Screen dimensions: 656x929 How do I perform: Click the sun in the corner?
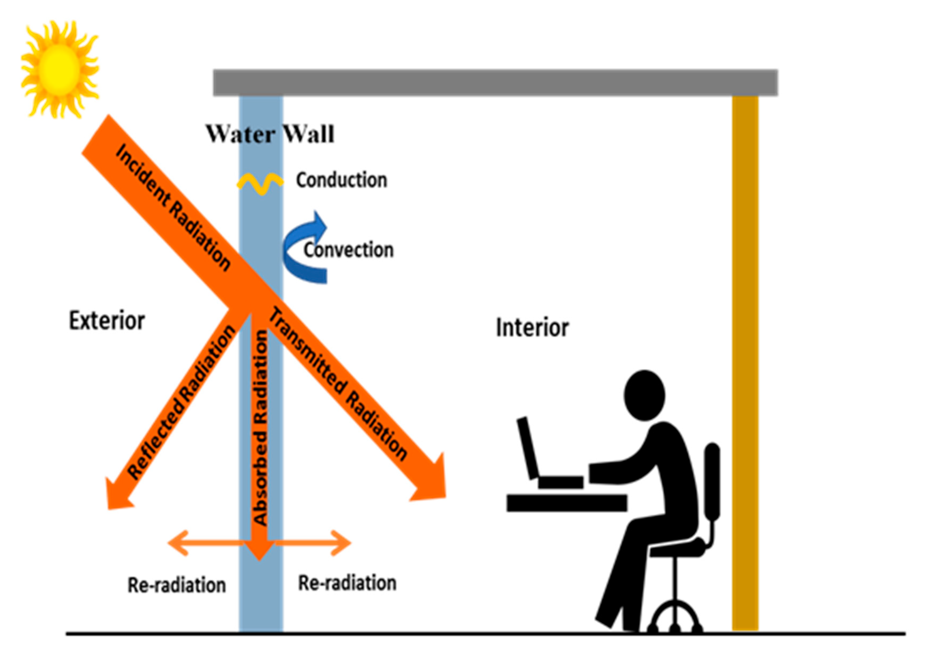[x=60, y=70]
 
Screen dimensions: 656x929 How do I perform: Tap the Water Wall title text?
[x=270, y=134]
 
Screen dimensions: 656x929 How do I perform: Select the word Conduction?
[x=341, y=180]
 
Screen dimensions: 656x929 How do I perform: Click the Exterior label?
[x=107, y=321]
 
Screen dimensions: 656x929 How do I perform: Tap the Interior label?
[x=532, y=328]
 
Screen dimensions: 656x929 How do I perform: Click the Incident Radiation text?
[x=173, y=207]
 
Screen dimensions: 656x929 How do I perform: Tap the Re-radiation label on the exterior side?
[x=177, y=585]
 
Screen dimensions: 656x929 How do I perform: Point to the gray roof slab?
[x=495, y=83]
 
